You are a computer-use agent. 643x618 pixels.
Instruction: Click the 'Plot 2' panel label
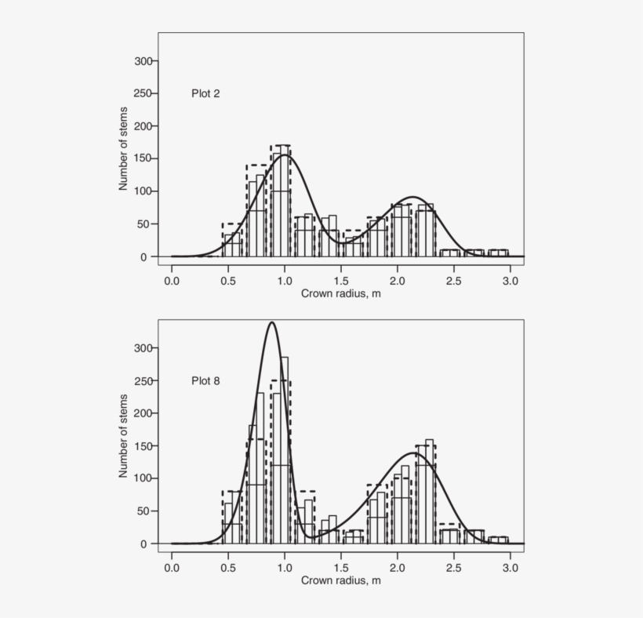205,93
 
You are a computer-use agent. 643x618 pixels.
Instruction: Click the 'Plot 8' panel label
205,381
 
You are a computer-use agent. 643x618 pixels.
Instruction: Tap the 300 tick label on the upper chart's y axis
143,60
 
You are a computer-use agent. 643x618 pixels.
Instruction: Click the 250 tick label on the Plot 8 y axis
143,380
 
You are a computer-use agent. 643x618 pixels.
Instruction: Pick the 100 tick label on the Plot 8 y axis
143,478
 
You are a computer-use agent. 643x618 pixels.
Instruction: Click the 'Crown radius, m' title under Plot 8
341,580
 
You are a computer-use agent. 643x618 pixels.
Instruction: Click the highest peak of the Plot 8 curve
271,322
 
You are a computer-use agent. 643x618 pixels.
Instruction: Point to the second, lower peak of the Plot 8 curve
414,453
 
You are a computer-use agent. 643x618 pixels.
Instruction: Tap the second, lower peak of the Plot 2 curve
413,197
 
